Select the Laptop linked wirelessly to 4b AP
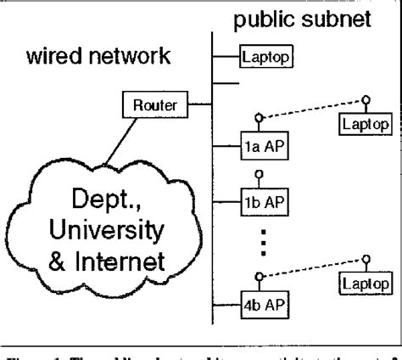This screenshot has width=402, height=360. [x=365, y=279]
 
